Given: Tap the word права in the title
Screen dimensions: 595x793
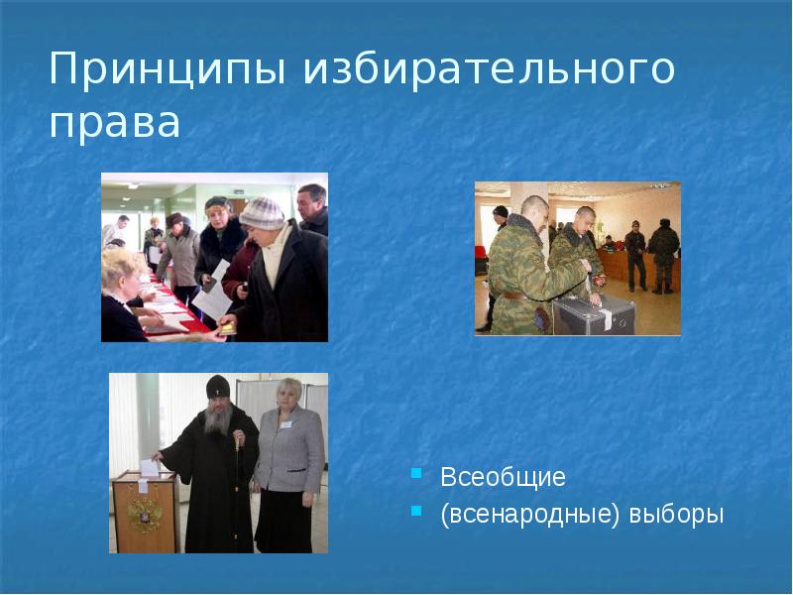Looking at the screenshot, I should tap(115, 123).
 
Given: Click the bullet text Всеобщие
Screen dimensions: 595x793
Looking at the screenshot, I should tap(503, 477).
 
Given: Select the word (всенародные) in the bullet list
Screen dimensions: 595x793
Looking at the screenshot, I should tap(531, 515).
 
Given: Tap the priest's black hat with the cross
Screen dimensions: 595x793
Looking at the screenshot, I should tap(218, 384).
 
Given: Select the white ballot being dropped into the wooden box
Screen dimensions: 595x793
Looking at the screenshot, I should tap(149, 464).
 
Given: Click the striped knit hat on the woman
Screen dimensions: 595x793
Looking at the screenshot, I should tap(263, 211).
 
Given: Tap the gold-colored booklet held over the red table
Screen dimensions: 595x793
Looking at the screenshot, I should tap(226, 327).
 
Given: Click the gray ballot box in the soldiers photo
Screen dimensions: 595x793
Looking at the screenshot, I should tap(595, 314).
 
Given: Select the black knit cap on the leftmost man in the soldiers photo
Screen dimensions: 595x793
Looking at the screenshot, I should tap(500, 212).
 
